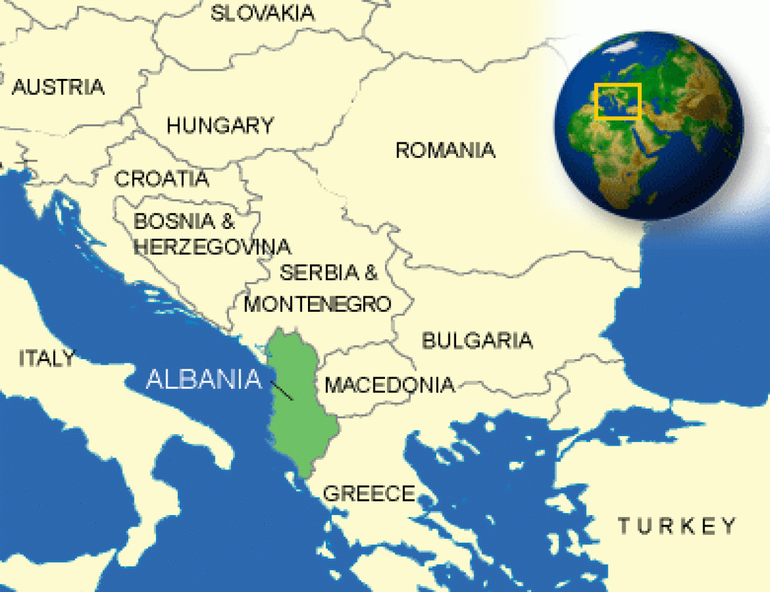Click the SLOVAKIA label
click(262, 13)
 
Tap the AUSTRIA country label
click(58, 87)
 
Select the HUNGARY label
click(220, 126)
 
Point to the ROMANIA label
click(445, 151)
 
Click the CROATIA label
click(162, 178)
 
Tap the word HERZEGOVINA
click(212, 247)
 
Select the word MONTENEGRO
click(318, 303)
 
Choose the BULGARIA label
click(477, 341)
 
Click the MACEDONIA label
click(389, 385)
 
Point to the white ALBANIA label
click(204, 379)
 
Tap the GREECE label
click(369, 493)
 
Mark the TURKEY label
click(677, 527)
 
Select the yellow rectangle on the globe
click(618, 101)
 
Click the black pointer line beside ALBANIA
click(282, 390)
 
